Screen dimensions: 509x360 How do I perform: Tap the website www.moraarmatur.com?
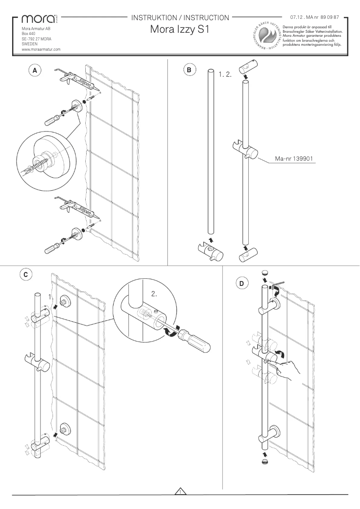click(41, 49)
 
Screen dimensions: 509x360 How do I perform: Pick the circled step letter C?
click(26, 274)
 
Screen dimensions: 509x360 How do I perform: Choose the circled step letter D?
click(241, 283)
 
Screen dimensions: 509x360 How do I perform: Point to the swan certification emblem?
click(268, 35)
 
